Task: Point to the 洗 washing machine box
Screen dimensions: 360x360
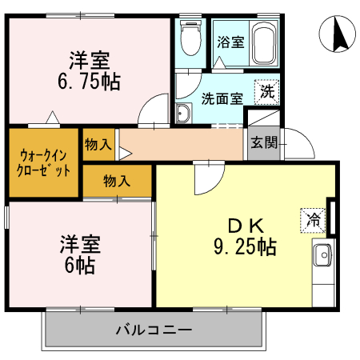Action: (x=267, y=92)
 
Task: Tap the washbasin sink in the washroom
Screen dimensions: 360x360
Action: (x=182, y=114)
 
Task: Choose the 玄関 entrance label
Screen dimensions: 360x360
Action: (x=263, y=144)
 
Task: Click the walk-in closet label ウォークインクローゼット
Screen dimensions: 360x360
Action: (x=44, y=162)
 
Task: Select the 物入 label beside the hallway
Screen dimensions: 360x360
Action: (x=98, y=144)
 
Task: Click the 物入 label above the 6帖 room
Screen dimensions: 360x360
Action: (x=117, y=180)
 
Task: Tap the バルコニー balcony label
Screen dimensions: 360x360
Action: (x=153, y=329)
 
